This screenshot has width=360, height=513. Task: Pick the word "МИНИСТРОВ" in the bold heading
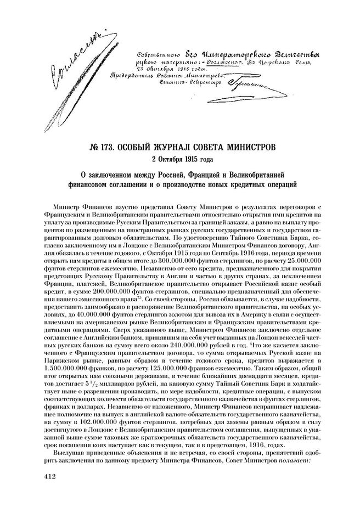click(x=246, y=146)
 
